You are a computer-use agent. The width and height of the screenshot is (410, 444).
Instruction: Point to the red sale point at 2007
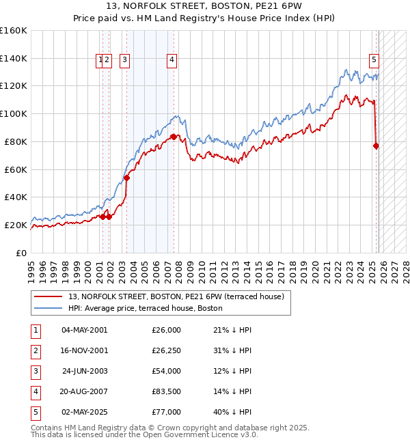(174, 137)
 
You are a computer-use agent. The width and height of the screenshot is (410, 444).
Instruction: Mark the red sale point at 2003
(126, 178)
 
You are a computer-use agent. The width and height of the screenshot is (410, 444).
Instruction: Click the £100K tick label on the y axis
(13, 113)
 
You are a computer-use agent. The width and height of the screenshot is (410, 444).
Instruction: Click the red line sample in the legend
(49, 296)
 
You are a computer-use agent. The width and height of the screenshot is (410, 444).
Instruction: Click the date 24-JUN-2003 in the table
(84, 371)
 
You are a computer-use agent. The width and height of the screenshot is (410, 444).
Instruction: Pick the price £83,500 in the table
(166, 391)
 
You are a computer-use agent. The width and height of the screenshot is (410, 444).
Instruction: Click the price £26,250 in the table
(166, 350)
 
